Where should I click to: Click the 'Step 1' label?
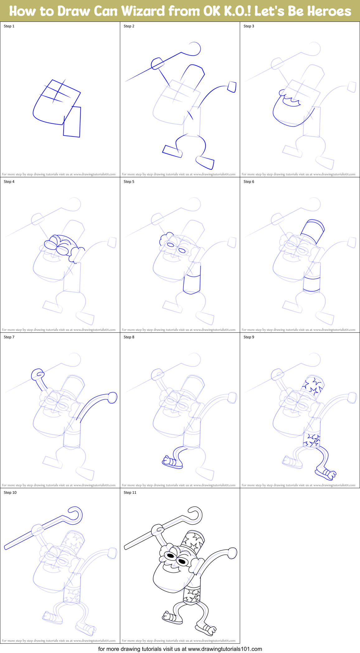[9, 26]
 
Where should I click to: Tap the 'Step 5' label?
[129, 182]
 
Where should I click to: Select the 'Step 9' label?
[249, 337]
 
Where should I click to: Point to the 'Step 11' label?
[130, 493]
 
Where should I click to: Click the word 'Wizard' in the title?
[143, 11]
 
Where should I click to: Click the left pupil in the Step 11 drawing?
[170, 555]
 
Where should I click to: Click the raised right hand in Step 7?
[112, 398]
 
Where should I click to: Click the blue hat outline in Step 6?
[313, 230]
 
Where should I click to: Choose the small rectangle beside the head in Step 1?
[72, 122]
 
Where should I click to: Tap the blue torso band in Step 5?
[192, 284]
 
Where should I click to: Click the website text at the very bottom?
[180, 649]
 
